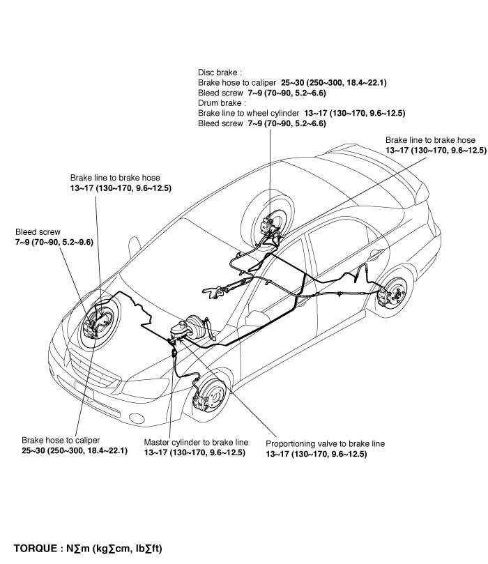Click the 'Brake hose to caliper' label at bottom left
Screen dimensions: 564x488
coord(61,441)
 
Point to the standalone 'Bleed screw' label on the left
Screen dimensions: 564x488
coord(38,231)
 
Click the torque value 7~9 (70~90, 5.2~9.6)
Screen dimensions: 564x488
coord(54,241)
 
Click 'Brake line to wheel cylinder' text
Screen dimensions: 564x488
coord(248,113)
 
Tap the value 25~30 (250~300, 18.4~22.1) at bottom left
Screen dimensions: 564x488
coord(75,452)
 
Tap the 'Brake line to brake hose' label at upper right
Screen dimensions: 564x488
coord(430,140)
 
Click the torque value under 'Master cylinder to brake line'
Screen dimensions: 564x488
coord(195,453)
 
